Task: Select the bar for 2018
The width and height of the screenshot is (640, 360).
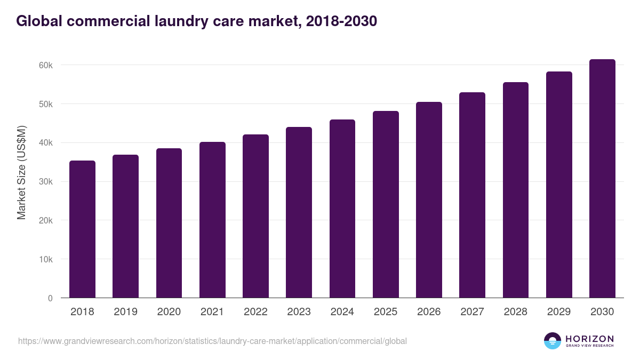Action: tap(82, 229)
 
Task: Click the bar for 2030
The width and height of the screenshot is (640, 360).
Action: tap(602, 179)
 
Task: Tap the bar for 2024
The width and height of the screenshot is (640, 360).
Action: tap(342, 209)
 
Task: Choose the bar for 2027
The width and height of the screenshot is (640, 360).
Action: tap(472, 195)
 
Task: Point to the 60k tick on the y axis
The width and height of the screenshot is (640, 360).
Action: tap(46, 65)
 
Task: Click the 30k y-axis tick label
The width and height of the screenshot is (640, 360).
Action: tap(46, 182)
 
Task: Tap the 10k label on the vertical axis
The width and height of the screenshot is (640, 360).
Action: tap(46, 259)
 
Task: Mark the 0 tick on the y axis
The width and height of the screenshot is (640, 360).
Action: tap(50, 298)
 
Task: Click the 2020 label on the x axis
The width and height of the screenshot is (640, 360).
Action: tap(169, 312)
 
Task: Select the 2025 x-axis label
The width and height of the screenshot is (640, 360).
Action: tap(386, 312)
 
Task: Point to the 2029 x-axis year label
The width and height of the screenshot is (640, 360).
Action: tap(559, 312)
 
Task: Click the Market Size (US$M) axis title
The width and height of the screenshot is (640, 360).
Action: tap(21, 172)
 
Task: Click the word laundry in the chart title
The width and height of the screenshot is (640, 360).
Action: tap(181, 21)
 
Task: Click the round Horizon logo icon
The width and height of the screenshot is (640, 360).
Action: tap(553, 341)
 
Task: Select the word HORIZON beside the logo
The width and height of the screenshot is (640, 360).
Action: tap(589, 338)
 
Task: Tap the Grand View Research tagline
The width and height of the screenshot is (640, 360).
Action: tap(589, 346)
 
